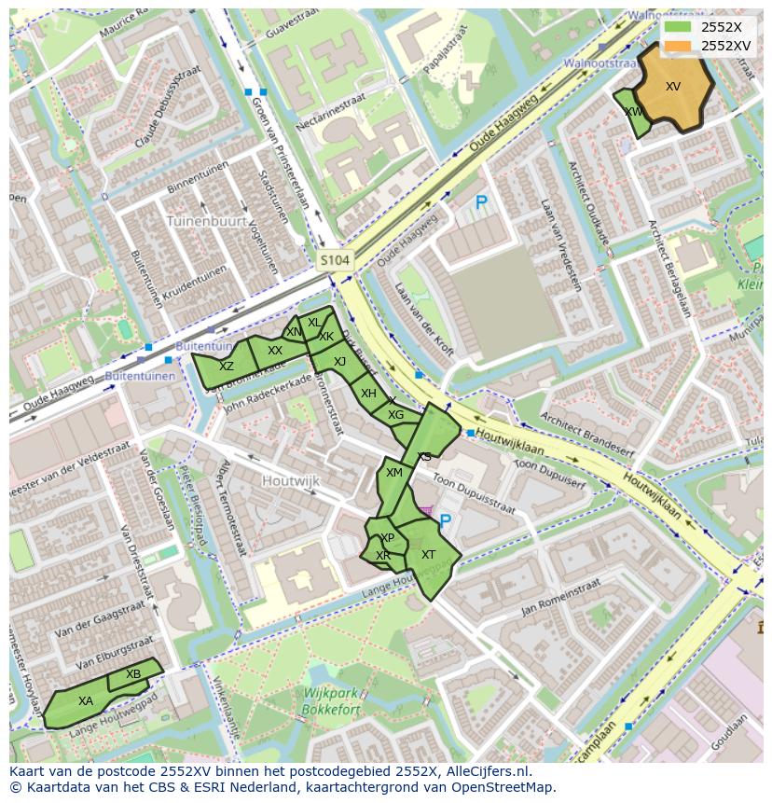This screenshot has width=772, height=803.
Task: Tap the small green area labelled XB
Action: click(x=133, y=674)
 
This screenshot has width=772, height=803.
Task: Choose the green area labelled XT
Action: click(x=430, y=556)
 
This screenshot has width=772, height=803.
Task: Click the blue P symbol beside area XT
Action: click(x=445, y=522)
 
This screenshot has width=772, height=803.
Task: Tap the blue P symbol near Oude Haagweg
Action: click(x=481, y=202)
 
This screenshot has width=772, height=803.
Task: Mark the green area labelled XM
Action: click(x=394, y=474)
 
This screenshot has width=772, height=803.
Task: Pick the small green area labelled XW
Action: click(x=633, y=113)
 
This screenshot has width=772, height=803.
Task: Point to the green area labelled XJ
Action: click(x=338, y=362)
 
